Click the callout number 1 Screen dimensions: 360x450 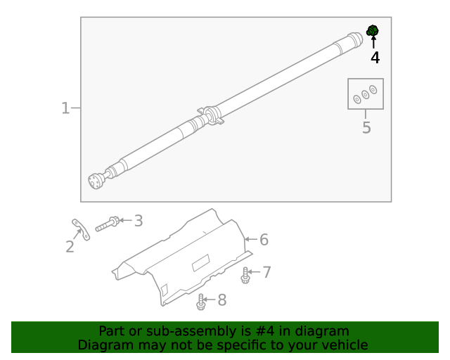click(65, 108)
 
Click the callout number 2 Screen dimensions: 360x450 click(70, 246)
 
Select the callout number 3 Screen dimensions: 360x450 click(139, 221)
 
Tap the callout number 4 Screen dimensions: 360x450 click(375, 58)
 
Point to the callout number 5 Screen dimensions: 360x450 click(366, 127)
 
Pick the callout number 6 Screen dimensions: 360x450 click(264, 240)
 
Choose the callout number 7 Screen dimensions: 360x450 click(266, 271)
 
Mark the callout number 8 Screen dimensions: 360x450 click(221, 300)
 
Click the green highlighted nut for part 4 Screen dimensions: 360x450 click(373, 30)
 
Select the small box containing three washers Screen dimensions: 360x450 click(366, 94)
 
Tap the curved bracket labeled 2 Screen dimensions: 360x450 click(81, 230)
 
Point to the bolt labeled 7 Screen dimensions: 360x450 click(245, 275)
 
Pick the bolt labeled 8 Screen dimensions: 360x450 click(201, 302)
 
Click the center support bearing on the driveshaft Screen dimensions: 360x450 click(211, 115)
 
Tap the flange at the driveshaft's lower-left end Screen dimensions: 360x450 click(96, 181)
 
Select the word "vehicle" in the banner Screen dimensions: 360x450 click(343, 345)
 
